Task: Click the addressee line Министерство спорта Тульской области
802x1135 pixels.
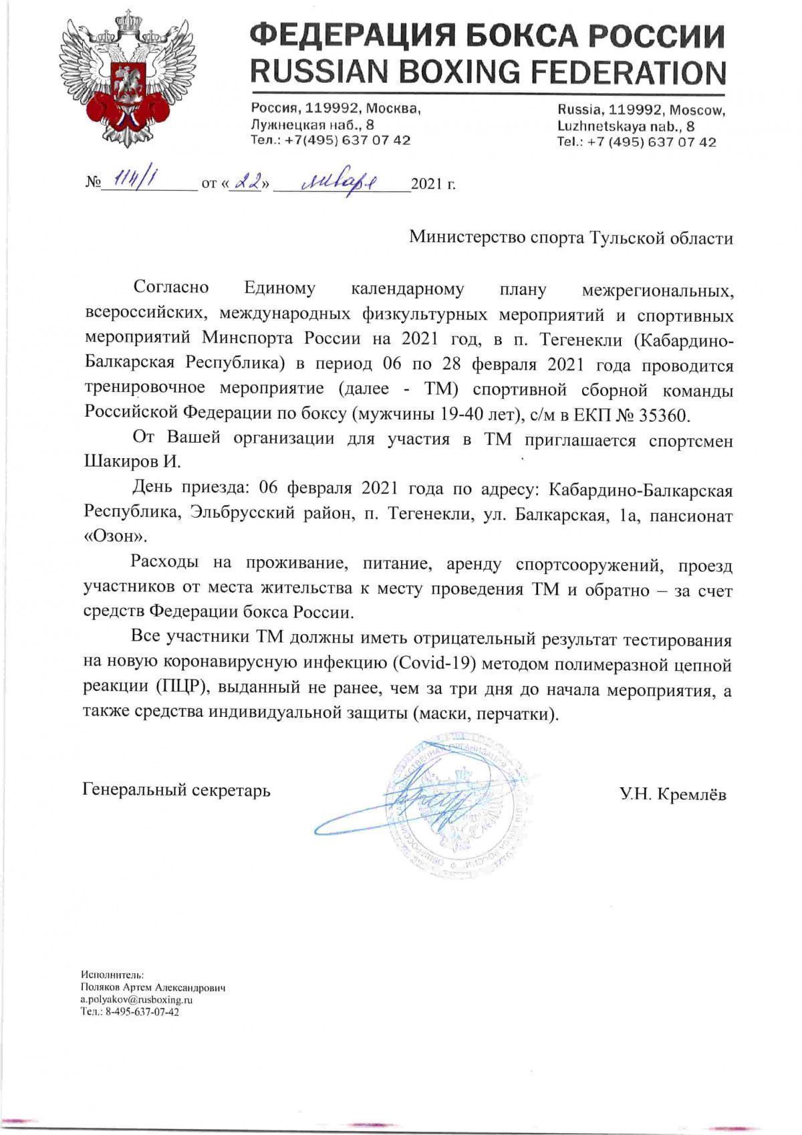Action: click(571, 238)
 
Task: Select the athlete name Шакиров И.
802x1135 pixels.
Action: click(133, 462)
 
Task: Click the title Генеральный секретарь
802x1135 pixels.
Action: click(177, 791)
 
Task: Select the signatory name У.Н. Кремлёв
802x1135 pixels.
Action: click(672, 794)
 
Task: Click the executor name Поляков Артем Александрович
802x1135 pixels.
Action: click(153, 987)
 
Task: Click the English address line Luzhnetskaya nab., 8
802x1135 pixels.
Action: click(626, 126)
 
